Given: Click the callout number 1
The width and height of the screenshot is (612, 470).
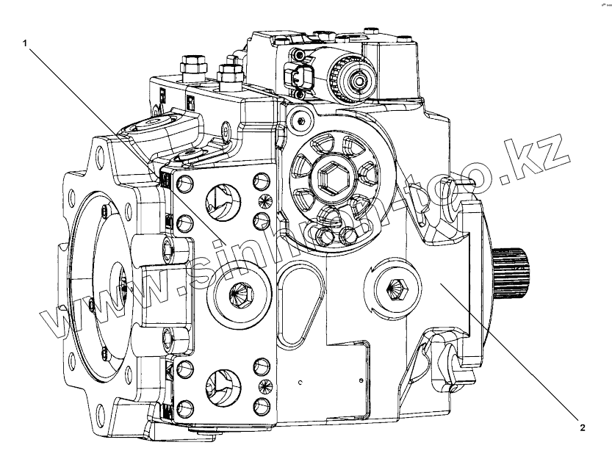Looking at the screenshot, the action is pos(26,43).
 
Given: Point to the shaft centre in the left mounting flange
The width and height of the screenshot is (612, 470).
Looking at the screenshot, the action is pos(120,283).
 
